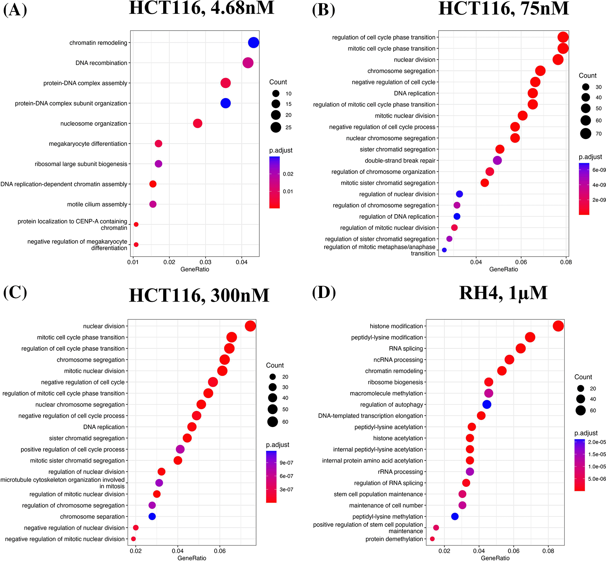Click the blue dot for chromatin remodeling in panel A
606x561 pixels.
point(253,43)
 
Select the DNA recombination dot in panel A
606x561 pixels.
point(248,63)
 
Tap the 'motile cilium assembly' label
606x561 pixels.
point(97,205)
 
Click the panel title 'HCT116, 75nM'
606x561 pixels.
point(503,9)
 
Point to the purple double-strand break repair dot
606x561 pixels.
point(497,160)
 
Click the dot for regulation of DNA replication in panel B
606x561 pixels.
point(457,216)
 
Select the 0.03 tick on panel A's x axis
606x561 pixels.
point(205,262)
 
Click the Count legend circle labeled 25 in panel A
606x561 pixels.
point(276,127)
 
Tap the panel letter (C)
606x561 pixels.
point(15,293)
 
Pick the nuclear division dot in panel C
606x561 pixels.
point(250,326)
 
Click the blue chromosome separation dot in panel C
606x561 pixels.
point(152,516)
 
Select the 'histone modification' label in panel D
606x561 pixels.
point(396,326)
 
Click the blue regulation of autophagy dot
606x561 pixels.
point(487,405)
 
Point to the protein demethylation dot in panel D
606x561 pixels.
point(432,539)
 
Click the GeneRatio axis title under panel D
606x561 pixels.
point(495,558)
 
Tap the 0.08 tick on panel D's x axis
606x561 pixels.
point(548,551)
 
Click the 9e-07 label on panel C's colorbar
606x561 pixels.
point(286,463)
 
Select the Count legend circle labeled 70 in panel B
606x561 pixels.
point(586,134)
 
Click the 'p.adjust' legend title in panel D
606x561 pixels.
point(586,433)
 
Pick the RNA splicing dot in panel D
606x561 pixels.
point(520,349)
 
